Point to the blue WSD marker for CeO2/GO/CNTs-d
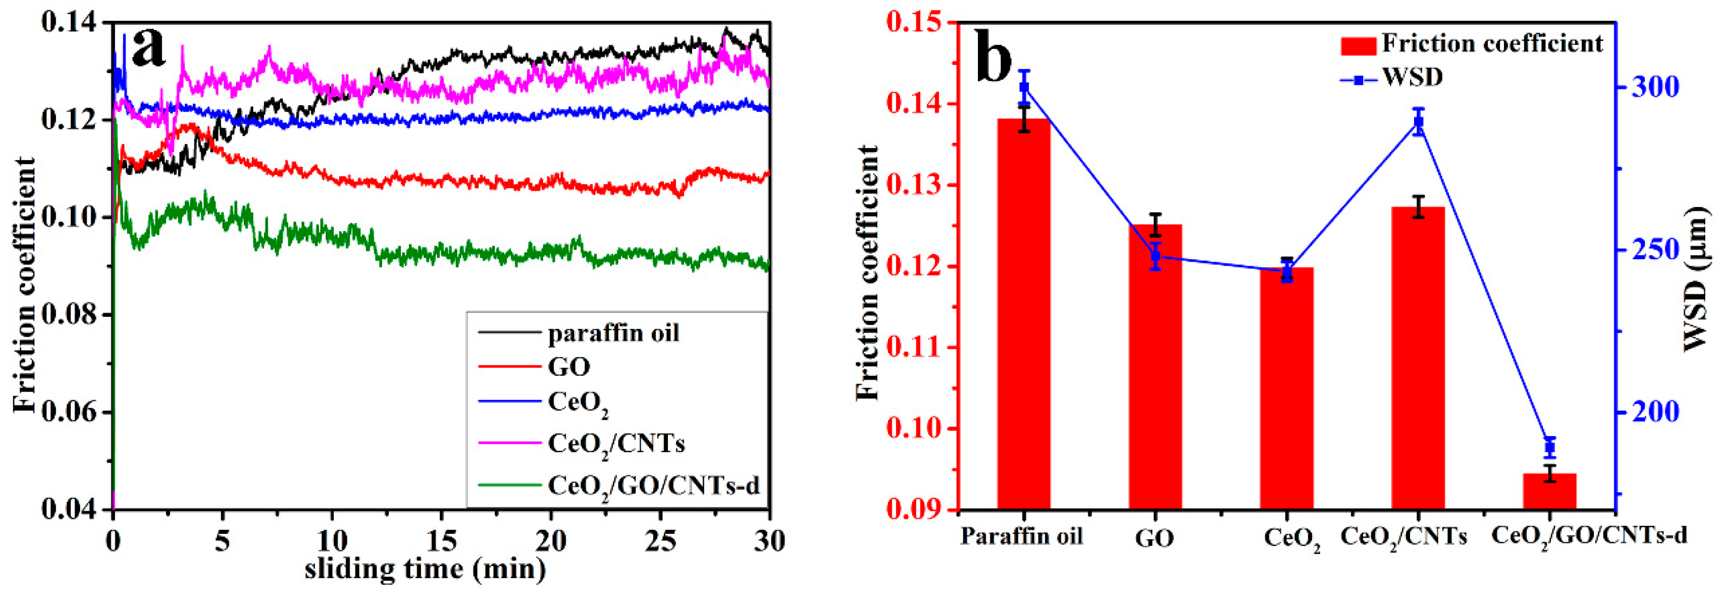[1550, 447]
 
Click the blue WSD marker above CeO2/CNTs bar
[1418, 122]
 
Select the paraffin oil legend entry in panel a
[613, 333]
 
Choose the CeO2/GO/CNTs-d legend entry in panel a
[653, 485]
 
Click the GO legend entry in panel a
[569, 367]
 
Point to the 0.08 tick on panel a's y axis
[71, 315]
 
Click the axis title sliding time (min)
[425, 569]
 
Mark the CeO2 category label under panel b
[1291, 540]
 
